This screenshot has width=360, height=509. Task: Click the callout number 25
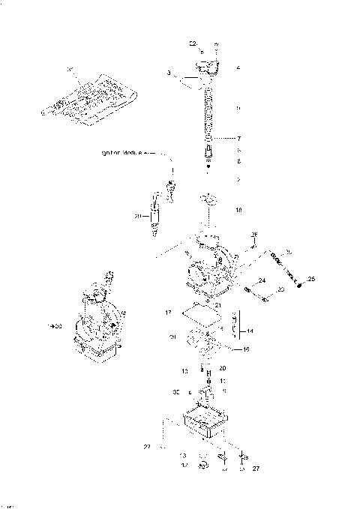(x=312, y=280)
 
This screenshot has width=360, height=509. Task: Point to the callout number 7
(x=238, y=139)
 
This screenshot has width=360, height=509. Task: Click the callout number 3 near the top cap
(x=170, y=73)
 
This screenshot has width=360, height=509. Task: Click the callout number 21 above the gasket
(x=217, y=306)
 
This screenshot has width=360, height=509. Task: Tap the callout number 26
(x=253, y=234)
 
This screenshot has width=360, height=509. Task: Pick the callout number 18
(x=238, y=211)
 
